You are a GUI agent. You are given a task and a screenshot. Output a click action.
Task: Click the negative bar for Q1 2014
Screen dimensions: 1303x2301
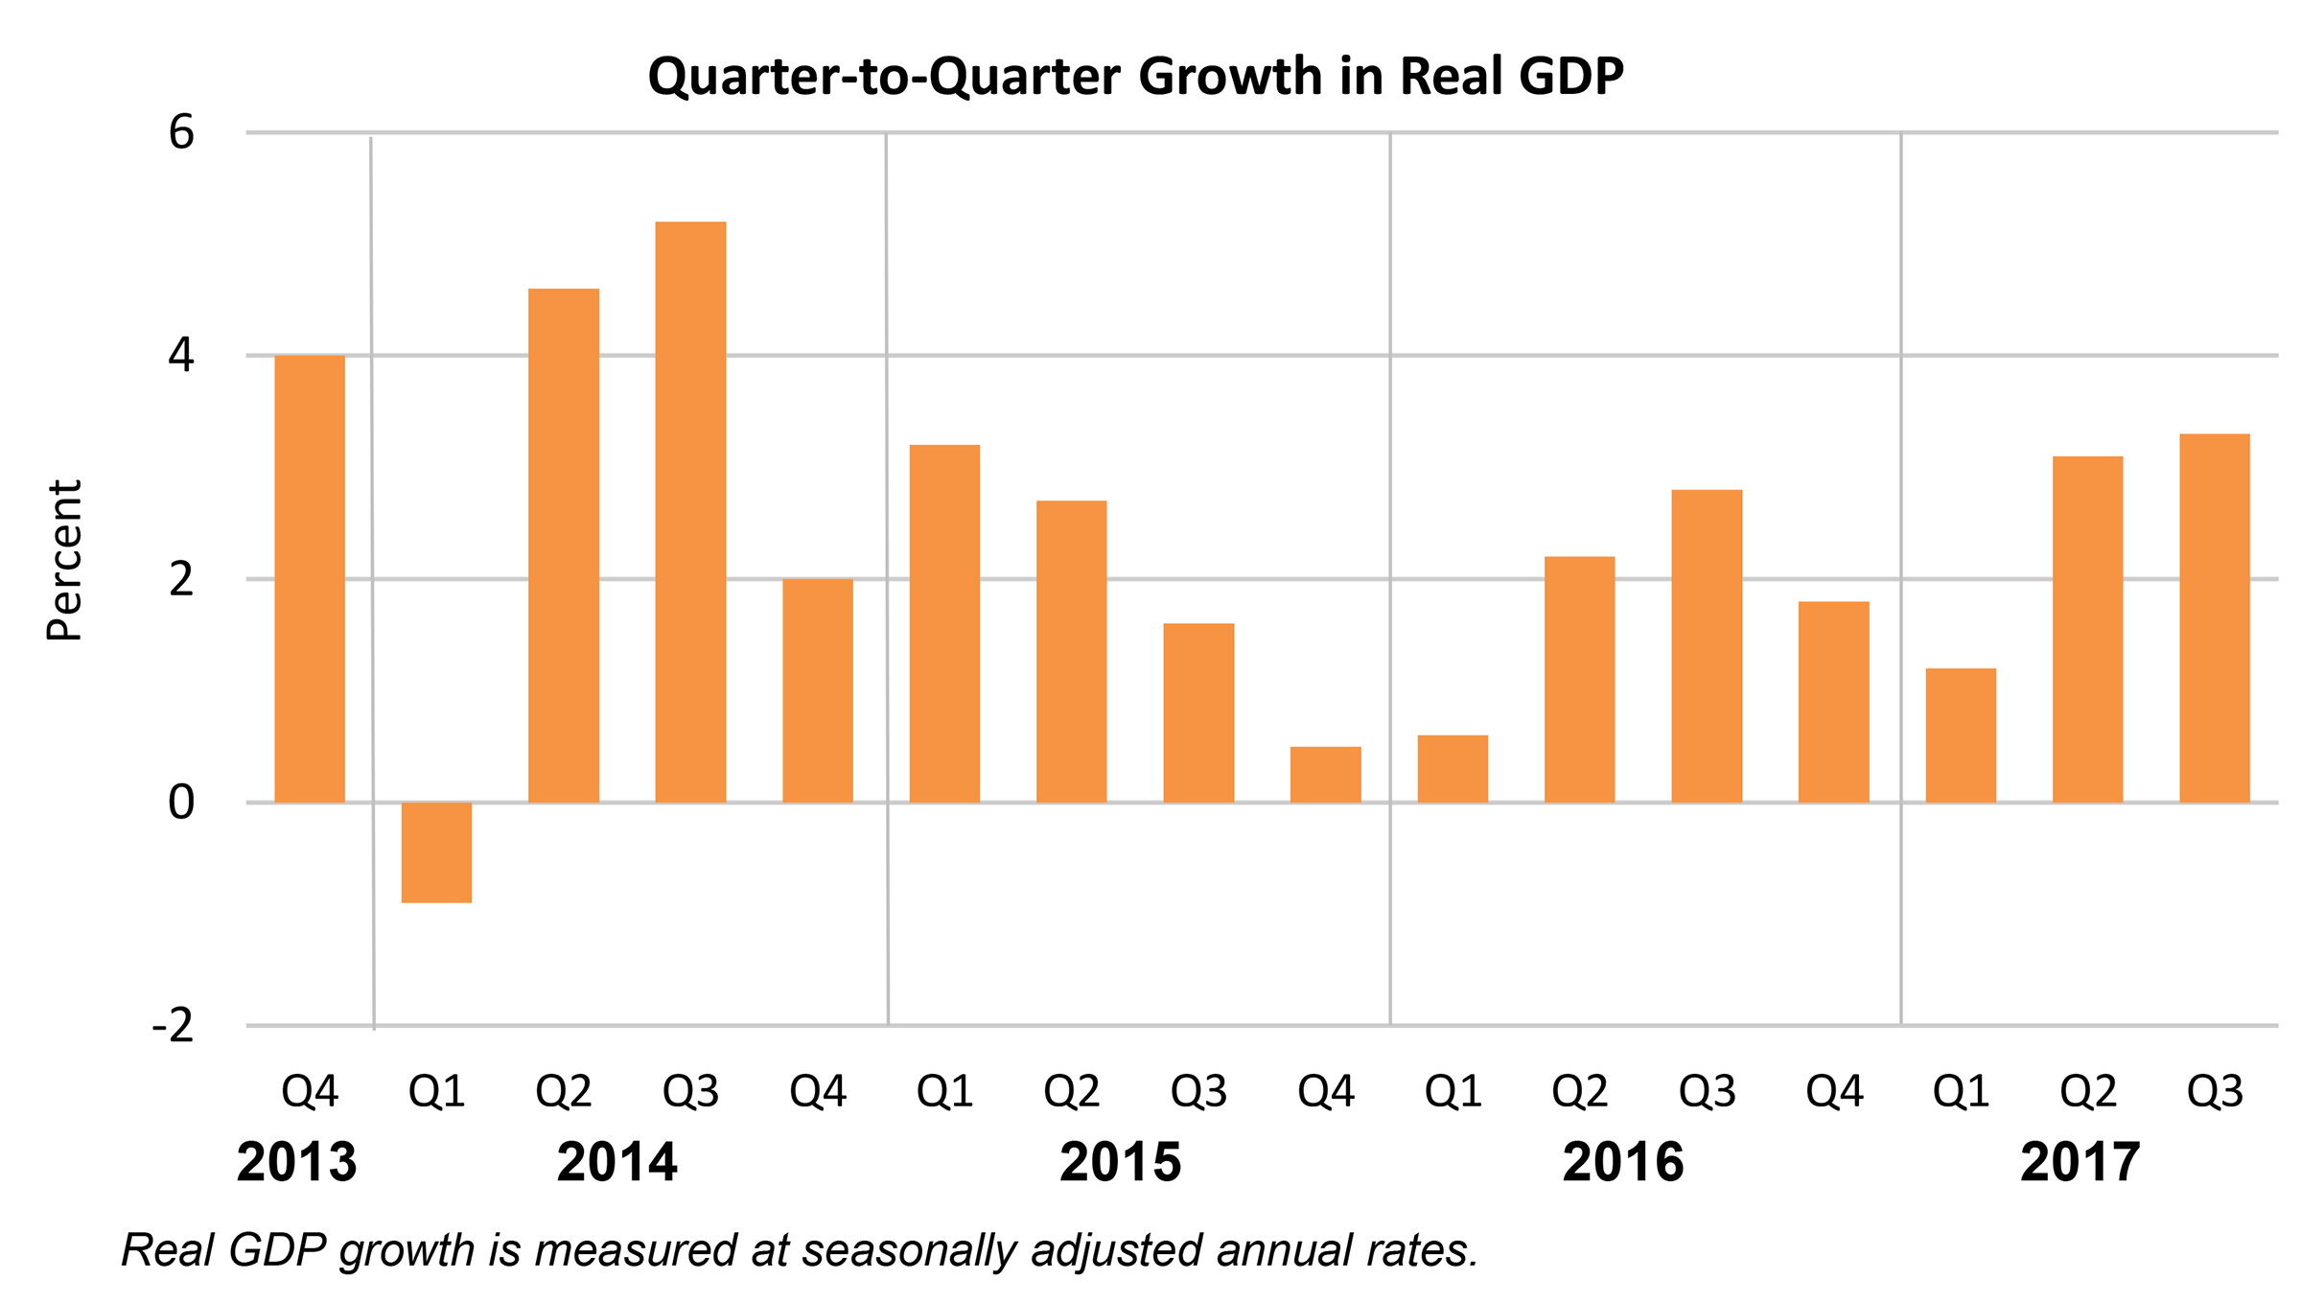(x=436, y=851)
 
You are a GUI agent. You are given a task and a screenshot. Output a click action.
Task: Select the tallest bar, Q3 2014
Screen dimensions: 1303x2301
(x=690, y=512)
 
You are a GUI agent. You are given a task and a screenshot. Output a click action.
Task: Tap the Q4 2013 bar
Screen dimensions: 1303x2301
(x=310, y=578)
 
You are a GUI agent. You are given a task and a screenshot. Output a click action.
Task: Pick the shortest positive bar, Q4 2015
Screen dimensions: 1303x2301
(x=1325, y=774)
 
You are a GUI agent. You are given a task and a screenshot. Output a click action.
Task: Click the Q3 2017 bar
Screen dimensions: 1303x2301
(x=2214, y=617)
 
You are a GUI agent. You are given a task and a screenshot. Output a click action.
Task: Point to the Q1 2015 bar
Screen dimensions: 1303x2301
(x=944, y=623)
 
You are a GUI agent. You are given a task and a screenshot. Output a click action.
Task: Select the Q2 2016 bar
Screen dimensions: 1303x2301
(x=1579, y=679)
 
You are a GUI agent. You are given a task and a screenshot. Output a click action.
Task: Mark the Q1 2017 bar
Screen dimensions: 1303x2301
(x=1961, y=734)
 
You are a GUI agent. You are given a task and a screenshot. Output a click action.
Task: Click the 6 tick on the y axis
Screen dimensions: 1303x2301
(x=181, y=132)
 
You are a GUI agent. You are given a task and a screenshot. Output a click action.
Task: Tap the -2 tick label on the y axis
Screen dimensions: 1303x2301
(x=174, y=1026)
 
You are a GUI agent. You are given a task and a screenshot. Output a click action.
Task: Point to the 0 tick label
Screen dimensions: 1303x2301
(x=181, y=803)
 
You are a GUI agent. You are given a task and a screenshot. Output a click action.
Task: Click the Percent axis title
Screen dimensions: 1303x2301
(x=65, y=560)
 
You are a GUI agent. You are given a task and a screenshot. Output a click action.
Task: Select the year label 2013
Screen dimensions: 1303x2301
(x=296, y=1162)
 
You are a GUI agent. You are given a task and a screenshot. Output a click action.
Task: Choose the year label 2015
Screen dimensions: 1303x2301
(x=1120, y=1162)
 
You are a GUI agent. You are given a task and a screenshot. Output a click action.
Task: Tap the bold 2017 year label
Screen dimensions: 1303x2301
(x=2080, y=1162)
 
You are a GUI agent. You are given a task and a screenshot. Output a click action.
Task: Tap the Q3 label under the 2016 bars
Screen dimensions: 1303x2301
(x=1707, y=1091)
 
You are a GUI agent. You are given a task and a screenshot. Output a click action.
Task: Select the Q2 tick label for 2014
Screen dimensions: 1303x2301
(x=564, y=1091)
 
